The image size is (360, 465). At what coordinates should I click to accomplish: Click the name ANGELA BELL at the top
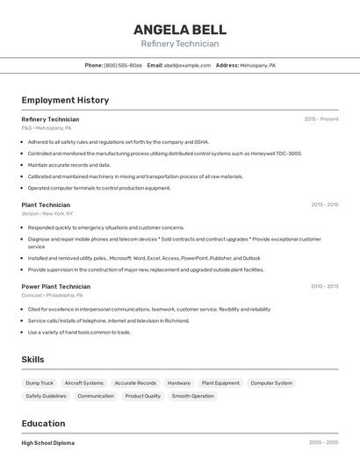pyautogui.click(x=180, y=29)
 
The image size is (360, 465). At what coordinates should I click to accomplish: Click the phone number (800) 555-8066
pyautogui.click(x=123, y=66)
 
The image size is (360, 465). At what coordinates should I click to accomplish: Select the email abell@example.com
pyautogui.click(x=187, y=66)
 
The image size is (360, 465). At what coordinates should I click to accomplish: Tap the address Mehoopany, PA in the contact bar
pyautogui.click(x=258, y=66)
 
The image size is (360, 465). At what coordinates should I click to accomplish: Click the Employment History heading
pyautogui.click(x=65, y=100)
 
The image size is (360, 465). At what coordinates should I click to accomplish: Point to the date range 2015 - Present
pyautogui.click(x=320, y=119)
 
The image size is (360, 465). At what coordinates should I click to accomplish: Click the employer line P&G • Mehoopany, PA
pyautogui.click(x=47, y=128)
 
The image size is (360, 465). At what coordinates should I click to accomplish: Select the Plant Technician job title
pyautogui.click(x=46, y=204)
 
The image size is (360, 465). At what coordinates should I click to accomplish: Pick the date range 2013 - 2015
pyautogui.click(x=324, y=204)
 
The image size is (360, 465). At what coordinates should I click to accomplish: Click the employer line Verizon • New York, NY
pyautogui.click(x=47, y=213)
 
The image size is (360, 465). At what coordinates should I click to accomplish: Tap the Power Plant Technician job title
pyautogui.click(x=55, y=286)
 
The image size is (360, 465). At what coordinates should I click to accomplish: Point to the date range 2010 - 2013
pyautogui.click(x=324, y=286)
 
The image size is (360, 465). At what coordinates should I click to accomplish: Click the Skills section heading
pyautogui.click(x=32, y=360)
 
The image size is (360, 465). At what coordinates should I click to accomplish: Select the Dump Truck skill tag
pyautogui.click(x=40, y=383)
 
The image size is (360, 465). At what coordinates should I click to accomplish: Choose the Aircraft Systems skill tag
pyautogui.click(x=84, y=383)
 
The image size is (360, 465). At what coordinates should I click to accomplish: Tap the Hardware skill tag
pyautogui.click(x=179, y=383)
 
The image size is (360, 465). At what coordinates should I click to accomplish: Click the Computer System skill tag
pyautogui.click(x=271, y=383)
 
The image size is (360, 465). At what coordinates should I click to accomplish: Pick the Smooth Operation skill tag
pyautogui.click(x=192, y=397)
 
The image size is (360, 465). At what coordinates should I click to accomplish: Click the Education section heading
pyautogui.click(x=43, y=423)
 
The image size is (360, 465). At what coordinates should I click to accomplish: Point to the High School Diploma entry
pyautogui.click(x=48, y=443)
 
